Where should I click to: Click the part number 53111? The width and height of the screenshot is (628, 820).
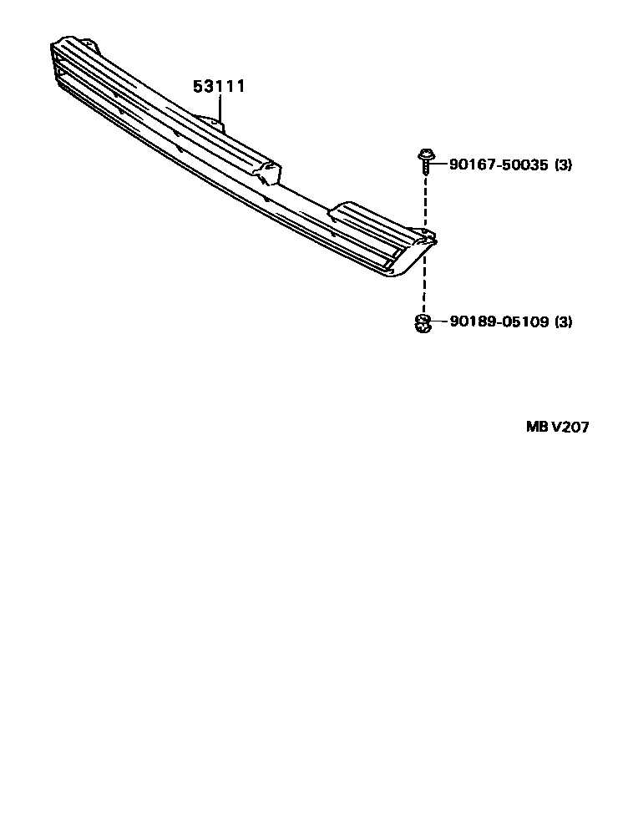point(220,86)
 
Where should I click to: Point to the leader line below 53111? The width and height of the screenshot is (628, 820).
point(220,108)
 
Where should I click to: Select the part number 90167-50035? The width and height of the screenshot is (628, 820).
point(499,165)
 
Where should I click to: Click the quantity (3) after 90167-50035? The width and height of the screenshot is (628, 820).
point(564,165)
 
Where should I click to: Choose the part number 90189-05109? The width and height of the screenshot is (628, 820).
point(499,321)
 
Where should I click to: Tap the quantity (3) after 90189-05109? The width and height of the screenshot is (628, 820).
point(564,321)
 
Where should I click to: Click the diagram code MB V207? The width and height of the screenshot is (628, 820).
point(557,427)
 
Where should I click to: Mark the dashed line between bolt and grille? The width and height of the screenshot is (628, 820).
point(425,200)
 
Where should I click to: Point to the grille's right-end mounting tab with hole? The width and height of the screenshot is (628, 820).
point(427,236)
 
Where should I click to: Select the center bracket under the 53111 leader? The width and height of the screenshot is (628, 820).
point(211,123)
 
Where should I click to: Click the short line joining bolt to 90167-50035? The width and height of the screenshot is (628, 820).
point(438,165)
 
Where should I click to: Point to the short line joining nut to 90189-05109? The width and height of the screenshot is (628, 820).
point(438,321)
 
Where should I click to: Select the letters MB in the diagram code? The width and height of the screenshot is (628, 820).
point(535,427)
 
